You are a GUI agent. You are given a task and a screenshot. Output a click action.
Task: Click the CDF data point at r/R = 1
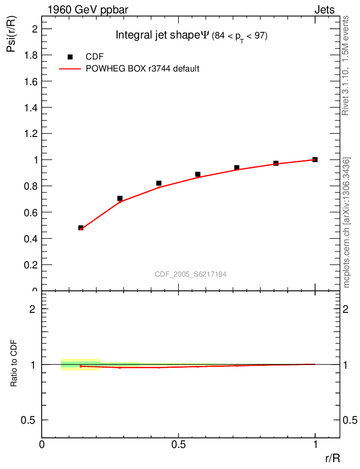[315, 159]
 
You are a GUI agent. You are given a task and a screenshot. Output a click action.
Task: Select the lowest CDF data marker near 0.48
[81, 228]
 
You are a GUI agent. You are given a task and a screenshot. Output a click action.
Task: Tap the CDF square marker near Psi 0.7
[120, 198]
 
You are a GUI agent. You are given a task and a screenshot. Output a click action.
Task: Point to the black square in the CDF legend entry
[70, 57]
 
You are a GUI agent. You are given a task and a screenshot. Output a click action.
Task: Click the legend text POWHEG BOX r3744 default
[142, 69]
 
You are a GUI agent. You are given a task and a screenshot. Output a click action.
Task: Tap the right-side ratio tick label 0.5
[350, 420]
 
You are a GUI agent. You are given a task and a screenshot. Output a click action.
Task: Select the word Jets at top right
[324, 10]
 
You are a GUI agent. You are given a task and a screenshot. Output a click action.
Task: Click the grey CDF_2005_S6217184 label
[191, 274]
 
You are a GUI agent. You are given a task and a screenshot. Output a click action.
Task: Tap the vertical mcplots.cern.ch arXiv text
[347, 223]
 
